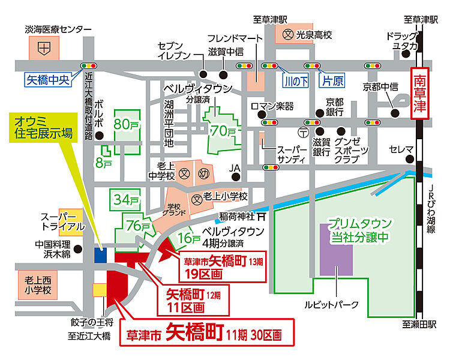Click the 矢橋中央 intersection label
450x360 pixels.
click(x=48, y=80)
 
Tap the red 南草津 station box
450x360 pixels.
click(x=419, y=94)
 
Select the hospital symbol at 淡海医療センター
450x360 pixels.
click(x=44, y=48)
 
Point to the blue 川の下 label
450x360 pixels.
click(x=296, y=81)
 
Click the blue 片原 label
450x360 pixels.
click(x=332, y=80)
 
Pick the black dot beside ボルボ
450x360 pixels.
click(x=100, y=136)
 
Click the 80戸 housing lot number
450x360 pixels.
click(x=126, y=124)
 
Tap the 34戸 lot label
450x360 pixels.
click(x=126, y=200)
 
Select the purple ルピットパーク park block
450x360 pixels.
click(x=336, y=250)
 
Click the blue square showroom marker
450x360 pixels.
click(x=100, y=255)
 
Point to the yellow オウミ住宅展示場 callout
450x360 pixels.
click(x=43, y=127)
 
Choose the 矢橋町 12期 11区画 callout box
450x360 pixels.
click(x=193, y=300)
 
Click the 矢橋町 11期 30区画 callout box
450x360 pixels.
click(x=207, y=332)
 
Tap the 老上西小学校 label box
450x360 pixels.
click(x=38, y=285)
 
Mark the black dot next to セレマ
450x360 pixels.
click(x=410, y=159)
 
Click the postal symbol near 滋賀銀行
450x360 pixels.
click(x=304, y=133)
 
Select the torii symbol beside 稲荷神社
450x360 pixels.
click(x=261, y=217)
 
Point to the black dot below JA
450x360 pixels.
click(x=236, y=177)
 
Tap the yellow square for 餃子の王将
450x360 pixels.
click(x=100, y=290)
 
